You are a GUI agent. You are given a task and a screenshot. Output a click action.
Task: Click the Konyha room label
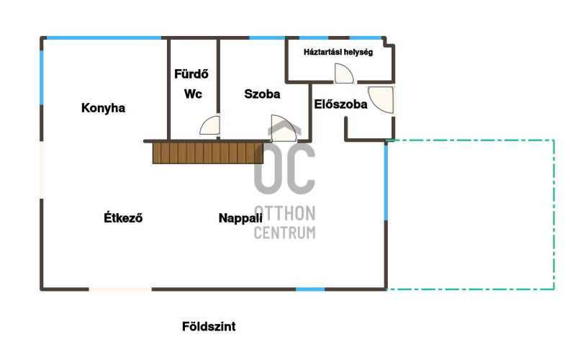[x=103, y=108]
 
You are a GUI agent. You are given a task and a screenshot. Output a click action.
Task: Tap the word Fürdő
[x=191, y=74]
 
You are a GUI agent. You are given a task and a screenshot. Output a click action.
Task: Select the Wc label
[x=193, y=94]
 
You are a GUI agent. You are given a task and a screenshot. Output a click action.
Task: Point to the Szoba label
[x=262, y=94]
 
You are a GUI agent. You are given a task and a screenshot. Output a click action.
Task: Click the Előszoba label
[x=340, y=104]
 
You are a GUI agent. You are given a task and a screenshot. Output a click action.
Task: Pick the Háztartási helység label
[x=338, y=52]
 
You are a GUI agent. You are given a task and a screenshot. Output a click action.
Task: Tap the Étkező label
[x=123, y=218]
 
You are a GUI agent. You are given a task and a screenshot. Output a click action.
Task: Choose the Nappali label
[x=240, y=218]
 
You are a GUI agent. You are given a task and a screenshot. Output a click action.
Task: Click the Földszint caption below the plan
[x=209, y=327]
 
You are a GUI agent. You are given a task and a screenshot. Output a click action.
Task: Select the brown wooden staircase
[x=208, y=153]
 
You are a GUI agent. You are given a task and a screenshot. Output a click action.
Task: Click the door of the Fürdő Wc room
[x=210, y=126]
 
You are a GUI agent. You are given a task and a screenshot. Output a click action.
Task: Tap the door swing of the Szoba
[x=284, y=128]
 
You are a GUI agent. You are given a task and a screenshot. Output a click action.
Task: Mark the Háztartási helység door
[x=344, y=73]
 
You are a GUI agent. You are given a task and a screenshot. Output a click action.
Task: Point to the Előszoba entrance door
[x=381, y=99]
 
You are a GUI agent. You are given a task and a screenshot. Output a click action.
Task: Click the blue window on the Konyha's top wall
[x=104, y=38]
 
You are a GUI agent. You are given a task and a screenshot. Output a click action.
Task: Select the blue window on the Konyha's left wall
[x=42, y=78]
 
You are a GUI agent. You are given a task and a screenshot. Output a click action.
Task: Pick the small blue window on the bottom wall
[x=310, y=289]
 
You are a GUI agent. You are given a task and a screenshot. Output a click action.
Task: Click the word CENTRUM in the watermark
[x=284, y=233]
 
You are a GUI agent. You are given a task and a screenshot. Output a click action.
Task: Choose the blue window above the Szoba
[x=267, y=38]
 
